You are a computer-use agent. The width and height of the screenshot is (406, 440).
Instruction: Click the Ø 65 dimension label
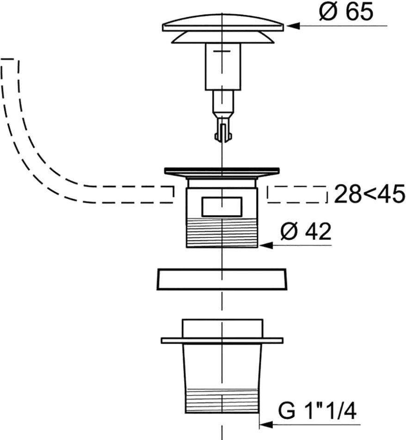[345, 12]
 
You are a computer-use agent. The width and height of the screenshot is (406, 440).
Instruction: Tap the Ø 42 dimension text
[306, 232]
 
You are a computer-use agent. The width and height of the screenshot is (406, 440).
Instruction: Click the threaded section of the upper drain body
[222, 234]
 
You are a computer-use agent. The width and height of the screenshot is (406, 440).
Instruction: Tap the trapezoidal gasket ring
[222, 279]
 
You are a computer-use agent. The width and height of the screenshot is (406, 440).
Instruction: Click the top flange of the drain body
[222, 171]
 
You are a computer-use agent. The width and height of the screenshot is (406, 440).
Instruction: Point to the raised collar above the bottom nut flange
[222, 328]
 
